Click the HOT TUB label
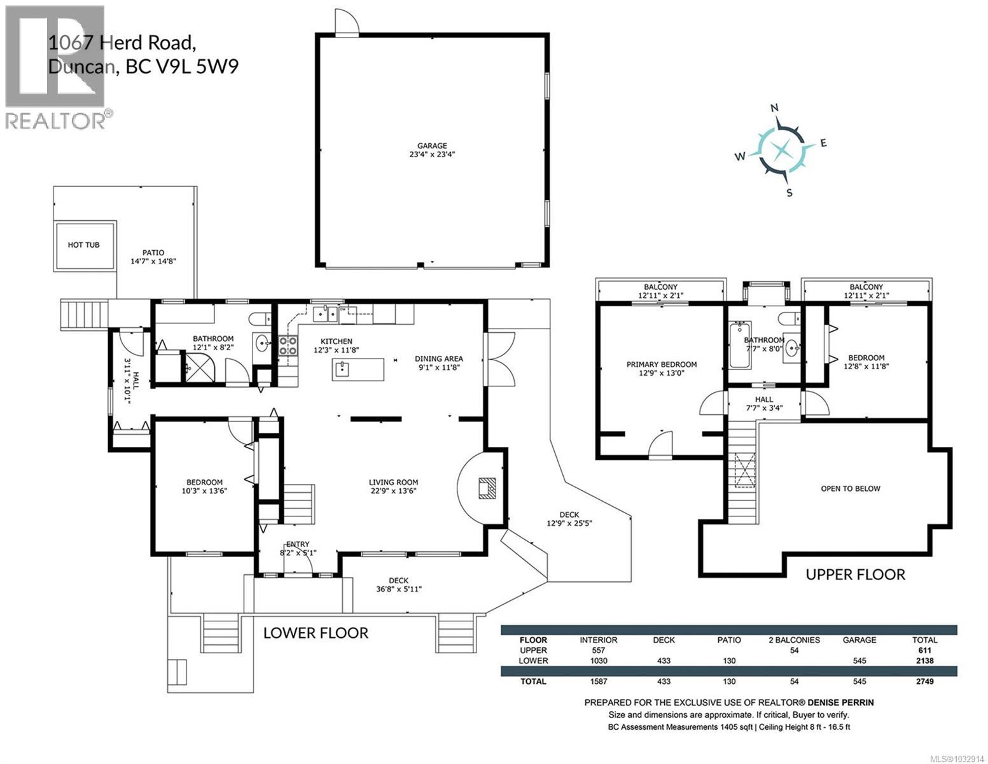(84, 245)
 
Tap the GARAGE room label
(432, 146)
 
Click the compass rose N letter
(775, 108)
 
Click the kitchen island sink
(343, 368)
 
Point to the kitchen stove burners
(288, 346)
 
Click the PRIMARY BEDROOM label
(661, 365)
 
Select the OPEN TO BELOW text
(850, 489)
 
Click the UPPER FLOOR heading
(855, 574)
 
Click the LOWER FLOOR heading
(316, 633)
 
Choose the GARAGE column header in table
(859, 640)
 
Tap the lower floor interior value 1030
(598, 661)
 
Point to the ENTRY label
(298, 544)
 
